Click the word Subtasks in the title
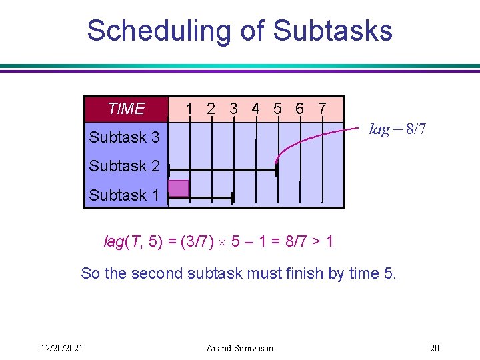333,31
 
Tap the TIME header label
126,109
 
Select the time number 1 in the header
190,109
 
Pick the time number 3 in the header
233,109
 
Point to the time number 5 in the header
277,109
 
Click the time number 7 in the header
322,109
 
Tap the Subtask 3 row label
124,137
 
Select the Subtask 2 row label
124,166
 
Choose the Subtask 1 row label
124,195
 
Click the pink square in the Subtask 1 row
179,188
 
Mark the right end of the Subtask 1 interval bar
232,198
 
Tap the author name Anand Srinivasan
239,347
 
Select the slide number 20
434,347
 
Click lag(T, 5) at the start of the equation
133,241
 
